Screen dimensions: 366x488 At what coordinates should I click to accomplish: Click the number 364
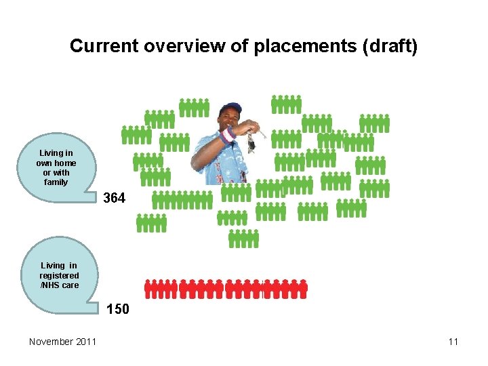[114, 199]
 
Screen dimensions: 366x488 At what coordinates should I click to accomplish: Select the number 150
[118, 310]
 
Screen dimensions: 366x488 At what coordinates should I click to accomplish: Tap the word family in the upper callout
[56, 182]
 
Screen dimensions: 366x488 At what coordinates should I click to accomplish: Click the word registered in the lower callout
[59, 276]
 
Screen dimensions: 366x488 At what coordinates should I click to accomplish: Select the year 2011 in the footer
[85, 342]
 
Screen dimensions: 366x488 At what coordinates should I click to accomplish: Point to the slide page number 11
[453, 342]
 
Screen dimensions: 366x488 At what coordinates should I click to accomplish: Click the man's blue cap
[230, 108]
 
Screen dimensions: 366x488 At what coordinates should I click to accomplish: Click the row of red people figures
[226, 288]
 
